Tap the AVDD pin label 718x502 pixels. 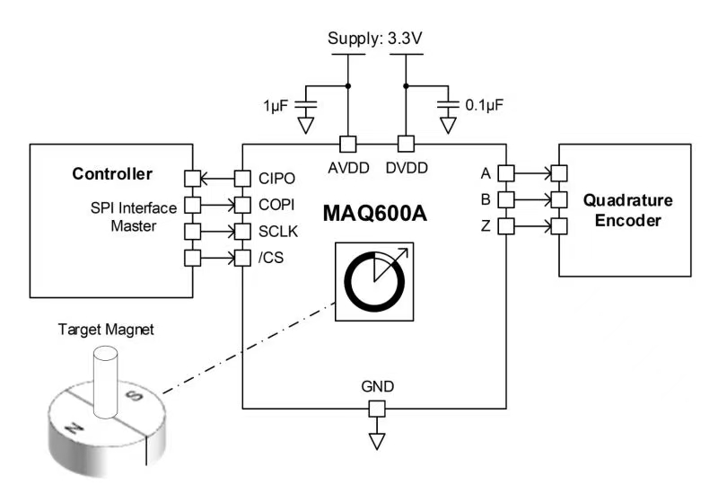click(x=346, y=167)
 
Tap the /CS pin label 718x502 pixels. click(x=274, y=259)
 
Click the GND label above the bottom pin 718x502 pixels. click(x=377, y=387)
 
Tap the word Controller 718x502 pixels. click(x=112, y=173)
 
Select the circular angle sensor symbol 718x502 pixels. click(x=372, y=282)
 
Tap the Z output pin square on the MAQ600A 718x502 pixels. click(x=505, y=226)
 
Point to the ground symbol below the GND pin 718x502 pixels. click(x=377, y=440)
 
